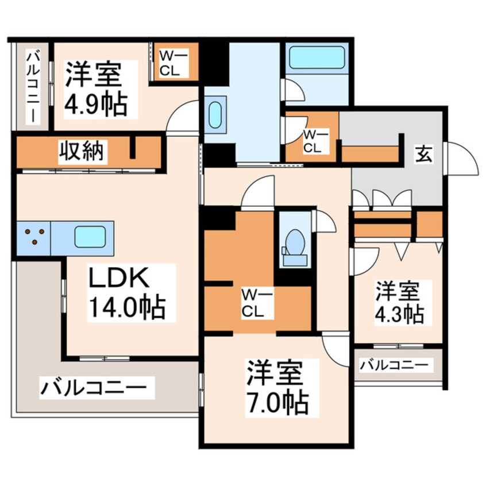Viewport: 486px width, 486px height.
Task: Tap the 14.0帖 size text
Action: click(126, 308)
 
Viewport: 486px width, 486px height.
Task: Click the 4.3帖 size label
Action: click(400, 314)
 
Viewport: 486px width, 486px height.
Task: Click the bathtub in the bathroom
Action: click(315, 57)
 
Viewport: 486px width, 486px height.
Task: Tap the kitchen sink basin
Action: click(90, 237)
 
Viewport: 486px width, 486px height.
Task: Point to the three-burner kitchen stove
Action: click(33, 237)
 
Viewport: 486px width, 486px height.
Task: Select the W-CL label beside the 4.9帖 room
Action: click(169, 63)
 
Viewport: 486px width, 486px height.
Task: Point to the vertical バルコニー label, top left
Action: click(32, 86)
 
